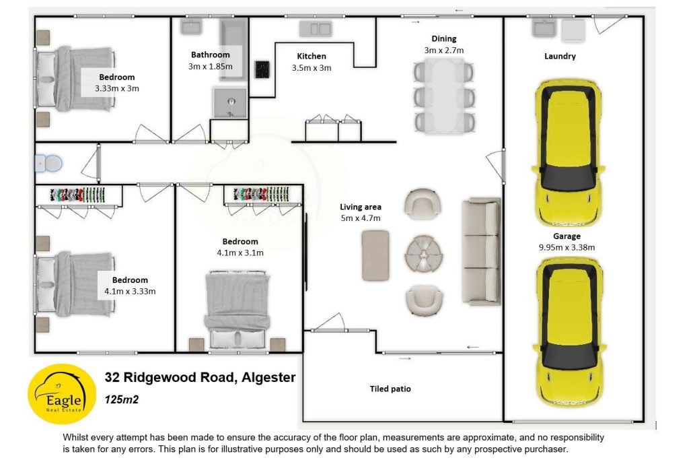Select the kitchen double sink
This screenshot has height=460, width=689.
point(316,28)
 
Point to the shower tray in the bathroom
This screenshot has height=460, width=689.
point(231,102)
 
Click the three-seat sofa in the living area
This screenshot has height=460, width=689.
point(481,251)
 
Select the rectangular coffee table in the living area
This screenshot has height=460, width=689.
point(375,255)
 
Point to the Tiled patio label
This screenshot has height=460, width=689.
point(390,389)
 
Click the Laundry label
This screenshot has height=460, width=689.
point(560,57)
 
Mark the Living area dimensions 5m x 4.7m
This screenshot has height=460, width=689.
point(361,218)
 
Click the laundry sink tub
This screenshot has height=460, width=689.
point(544,28)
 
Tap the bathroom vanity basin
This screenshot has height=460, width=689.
point(192,27)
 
